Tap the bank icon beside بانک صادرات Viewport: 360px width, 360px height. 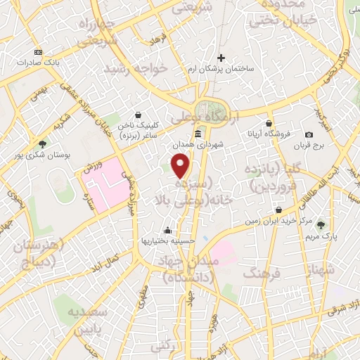pyautogui.click(x=37, y=53)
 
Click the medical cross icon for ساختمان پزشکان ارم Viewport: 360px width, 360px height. pyautogui.click(x=221, y=58)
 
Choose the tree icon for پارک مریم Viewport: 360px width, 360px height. pyautogui.click(x=321, y=225)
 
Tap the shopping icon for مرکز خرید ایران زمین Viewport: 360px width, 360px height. pyautogui.click(x=279, y=210)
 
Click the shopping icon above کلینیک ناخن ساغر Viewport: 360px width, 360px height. pyautogui.click(x=139, y=114)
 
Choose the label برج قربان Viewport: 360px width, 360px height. pyautogui.click(x=306, y=146)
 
